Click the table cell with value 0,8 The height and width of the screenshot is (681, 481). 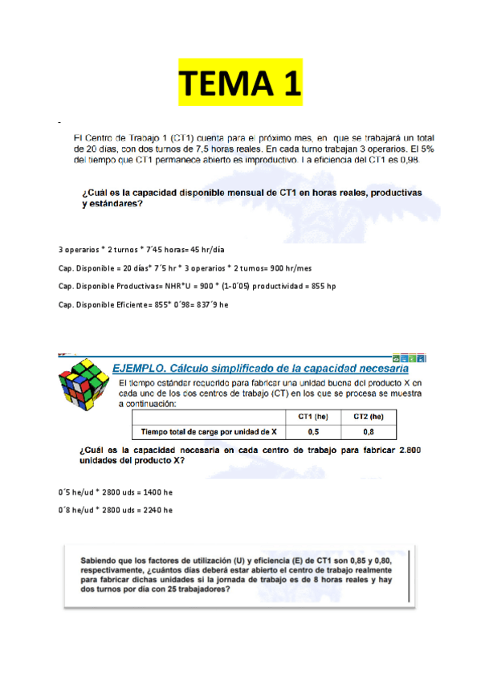368,431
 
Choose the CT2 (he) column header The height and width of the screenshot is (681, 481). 368,416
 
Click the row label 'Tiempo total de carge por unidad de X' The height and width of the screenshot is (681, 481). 206,431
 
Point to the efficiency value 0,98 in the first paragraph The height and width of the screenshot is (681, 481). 422,160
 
